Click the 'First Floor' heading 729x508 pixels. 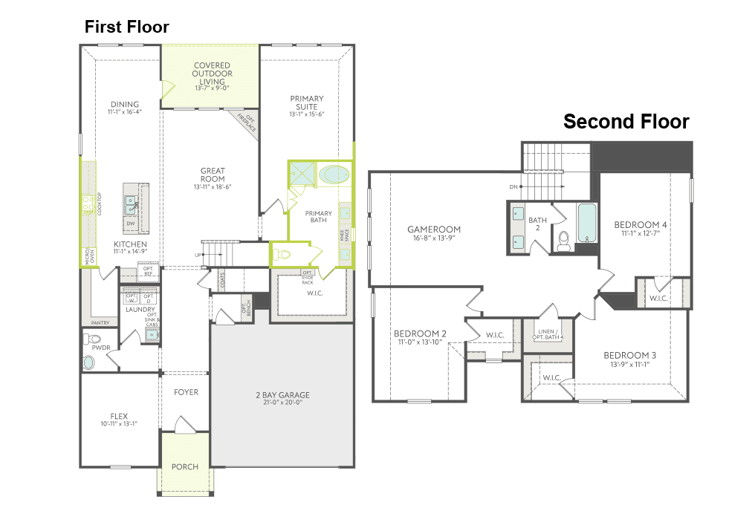pos(126,27)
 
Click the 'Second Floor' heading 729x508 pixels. pos(626,122)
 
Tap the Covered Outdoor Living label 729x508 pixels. pos(212,74)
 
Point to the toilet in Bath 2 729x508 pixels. pos(563,238)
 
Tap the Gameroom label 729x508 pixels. pos(434,229)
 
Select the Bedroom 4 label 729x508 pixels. pos(640,225)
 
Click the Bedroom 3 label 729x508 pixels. pos(629,355)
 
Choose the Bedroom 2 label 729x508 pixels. pos(420,333)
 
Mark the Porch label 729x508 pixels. pos(185,466)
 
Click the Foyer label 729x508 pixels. pos(186,391)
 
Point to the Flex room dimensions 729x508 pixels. pos(119,424)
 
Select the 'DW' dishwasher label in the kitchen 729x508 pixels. pos(130,224)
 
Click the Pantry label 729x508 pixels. pos(100,323)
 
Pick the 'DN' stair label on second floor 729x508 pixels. pos(513,187)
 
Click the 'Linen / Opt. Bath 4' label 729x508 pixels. pos(548,334)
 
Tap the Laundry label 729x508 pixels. pos(140,310)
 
